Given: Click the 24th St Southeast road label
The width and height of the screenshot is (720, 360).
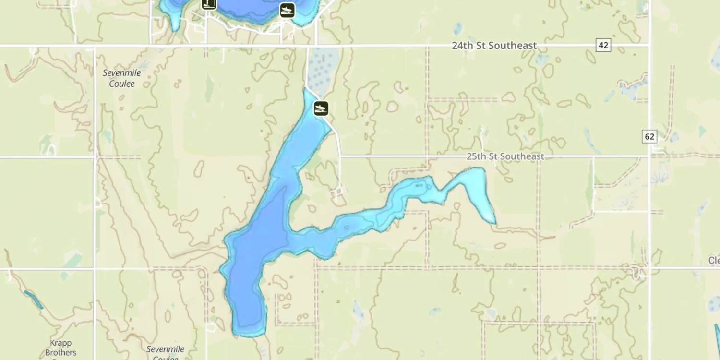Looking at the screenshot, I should point(494,46).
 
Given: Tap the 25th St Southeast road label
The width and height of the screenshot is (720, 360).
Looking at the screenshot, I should point(505,157).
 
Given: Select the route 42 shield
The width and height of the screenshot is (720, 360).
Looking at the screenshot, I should point(603,45).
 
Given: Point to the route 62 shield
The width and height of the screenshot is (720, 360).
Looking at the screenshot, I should point(649,136).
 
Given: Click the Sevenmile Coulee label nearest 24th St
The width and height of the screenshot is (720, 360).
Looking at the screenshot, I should point(122,78).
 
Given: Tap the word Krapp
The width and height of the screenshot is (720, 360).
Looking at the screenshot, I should point(61,343).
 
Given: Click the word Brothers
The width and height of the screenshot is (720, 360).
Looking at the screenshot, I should point(61,352).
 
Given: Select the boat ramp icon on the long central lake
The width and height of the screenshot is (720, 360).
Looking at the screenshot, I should point(321,108).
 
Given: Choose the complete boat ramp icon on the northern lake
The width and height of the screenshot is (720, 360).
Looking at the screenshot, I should point(287,10).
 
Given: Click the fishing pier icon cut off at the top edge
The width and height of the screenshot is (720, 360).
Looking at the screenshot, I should point(209,4).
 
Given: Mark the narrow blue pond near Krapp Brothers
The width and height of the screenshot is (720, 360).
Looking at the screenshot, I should point(34,300).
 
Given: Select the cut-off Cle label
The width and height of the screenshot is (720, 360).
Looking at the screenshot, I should point(714,260).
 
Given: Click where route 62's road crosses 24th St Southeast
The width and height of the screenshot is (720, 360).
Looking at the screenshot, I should point(649,46).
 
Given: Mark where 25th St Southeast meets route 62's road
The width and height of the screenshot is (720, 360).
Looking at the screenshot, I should point(649,156).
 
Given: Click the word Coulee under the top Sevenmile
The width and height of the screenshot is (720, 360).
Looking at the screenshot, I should point(122,84).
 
